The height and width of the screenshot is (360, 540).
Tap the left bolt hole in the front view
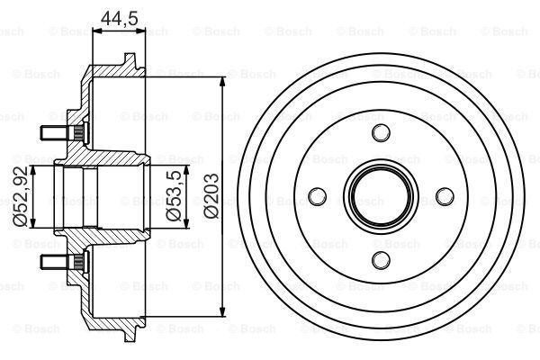coord(316,196)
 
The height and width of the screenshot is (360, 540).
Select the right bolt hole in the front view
coord(442,196)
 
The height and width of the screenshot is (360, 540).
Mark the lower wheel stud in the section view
coord(56,260)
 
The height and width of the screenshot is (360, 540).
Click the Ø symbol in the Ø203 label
coord(211,213)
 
